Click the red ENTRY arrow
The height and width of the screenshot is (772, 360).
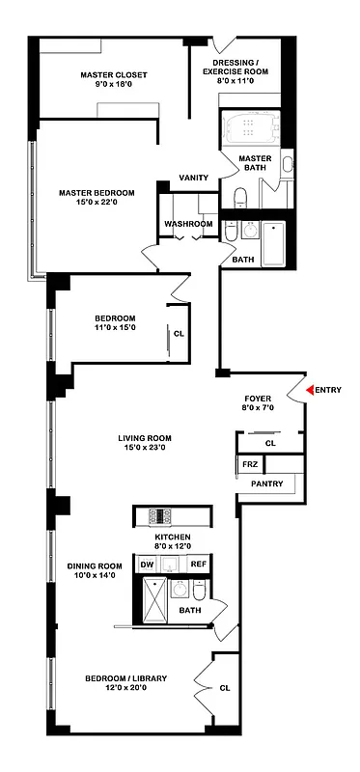pos(311,389)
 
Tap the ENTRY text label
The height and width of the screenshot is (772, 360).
pos(329,389)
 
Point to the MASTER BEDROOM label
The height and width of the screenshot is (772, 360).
pos(97,192)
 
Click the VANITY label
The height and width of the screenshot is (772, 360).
pos(194,177)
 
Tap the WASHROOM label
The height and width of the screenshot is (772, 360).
pos(188,224)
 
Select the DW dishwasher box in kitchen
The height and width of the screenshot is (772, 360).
pos(147,565)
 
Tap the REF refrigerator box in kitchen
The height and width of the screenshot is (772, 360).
pos(197,565)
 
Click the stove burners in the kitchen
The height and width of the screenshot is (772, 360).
pos(159,514)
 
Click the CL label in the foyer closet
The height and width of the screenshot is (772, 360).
pos(270,443)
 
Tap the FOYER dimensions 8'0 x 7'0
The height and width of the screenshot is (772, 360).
pos(257,407)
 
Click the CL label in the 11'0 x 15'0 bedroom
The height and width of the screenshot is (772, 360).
pos(179,335)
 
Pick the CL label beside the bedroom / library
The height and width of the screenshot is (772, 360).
pos(224,688)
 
